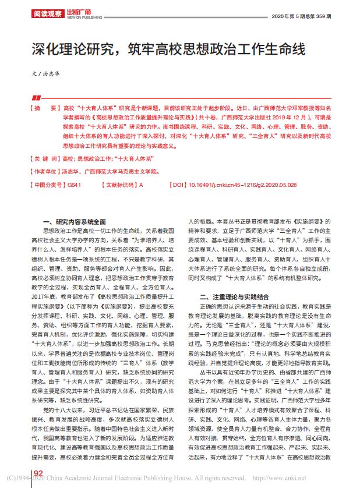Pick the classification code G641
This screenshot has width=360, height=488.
[x=75, y=185]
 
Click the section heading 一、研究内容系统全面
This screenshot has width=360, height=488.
[x=76, y=222]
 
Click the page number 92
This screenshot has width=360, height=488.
[x=40, y=472]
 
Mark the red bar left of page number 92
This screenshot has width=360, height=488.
[x=33, y=472]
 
